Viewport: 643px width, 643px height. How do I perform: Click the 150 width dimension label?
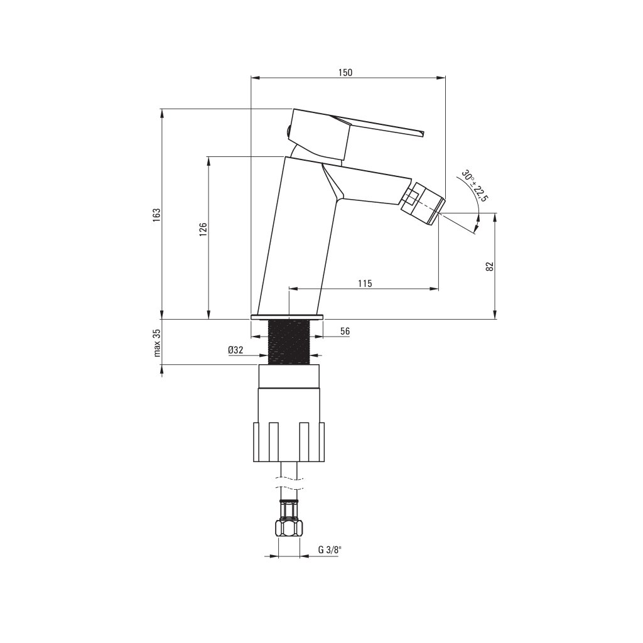click(x=345, y=72)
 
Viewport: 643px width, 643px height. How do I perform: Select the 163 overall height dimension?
click(x=156, y=215)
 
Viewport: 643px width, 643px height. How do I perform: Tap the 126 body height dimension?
click(x=203, y=230)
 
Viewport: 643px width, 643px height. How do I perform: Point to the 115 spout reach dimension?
click(x=365, y=283)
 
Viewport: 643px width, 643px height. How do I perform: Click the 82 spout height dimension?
click(x=489, y=266)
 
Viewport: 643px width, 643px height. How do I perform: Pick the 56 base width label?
click(x=345, y=332)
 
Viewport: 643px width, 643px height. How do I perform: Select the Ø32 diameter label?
click(x=236, y=350)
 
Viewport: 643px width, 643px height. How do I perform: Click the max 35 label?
click(x=157, y=343)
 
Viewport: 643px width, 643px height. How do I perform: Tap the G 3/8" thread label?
click(x=329, y=550)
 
